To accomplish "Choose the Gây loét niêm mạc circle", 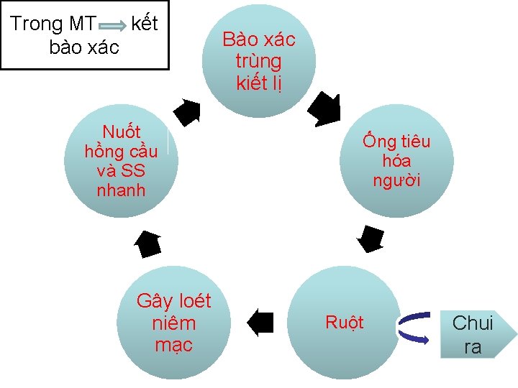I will click(x=174, y=323).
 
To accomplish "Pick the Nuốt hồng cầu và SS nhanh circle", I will click(x=121, y=160).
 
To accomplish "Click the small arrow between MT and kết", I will click(x=113, y=25).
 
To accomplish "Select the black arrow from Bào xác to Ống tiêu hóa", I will click(x=325, y=108).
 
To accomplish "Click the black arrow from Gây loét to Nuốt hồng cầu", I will click(x=149, y=244).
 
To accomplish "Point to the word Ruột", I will click(x=345, y=323).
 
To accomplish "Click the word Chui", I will click(x=473, y=323).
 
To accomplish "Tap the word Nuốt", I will click(x=122, y=132).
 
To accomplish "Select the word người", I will click(x=396, y=180).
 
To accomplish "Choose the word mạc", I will click(x=173, y=345).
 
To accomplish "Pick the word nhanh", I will click(x=121, y=190).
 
